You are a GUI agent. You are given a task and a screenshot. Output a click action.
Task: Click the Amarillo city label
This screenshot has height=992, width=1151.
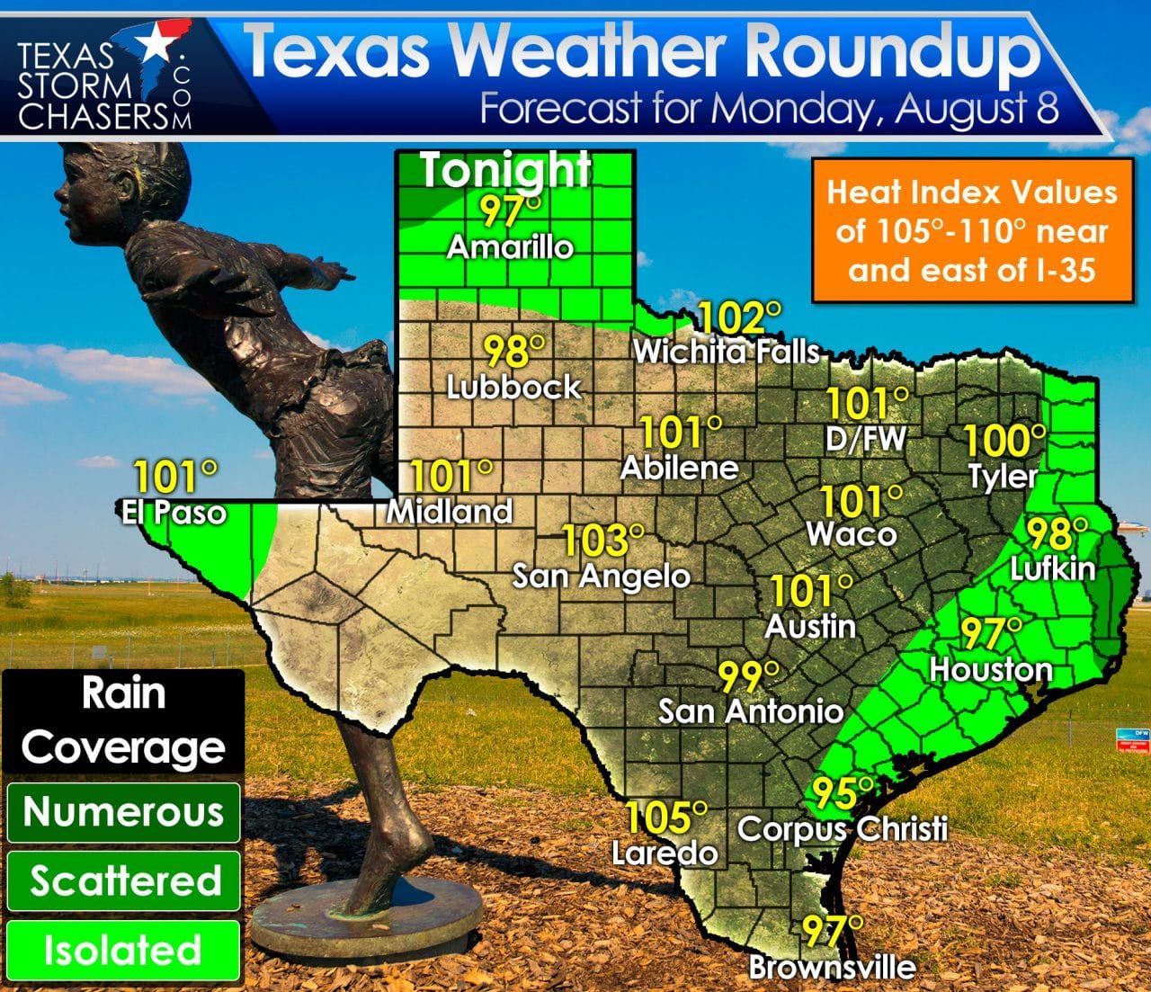point(510,247)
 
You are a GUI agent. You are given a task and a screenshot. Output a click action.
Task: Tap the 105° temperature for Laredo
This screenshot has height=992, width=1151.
point(665,817)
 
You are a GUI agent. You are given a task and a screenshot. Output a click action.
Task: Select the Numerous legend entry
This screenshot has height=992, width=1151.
point(123,812)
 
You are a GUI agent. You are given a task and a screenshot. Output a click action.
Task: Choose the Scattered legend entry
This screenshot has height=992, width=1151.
point(124,880)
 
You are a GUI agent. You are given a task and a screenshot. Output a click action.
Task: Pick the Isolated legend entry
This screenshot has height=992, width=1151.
point(123,950)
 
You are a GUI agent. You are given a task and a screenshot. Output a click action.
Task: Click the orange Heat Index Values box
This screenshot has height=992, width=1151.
point(971,230)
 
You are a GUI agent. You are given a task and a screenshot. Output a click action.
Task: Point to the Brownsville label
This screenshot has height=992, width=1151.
point(833,968)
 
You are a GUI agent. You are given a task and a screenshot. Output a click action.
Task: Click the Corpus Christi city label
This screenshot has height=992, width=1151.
point(843,827)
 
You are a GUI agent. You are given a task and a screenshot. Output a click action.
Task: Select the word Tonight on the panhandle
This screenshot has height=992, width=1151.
point(506,170)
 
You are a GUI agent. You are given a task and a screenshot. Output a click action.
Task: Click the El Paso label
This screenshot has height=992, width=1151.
point(174,513)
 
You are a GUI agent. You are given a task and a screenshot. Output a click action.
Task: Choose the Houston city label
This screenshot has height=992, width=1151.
point(990,669)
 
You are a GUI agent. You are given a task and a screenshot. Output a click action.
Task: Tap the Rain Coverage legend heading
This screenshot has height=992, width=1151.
point(123,720)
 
